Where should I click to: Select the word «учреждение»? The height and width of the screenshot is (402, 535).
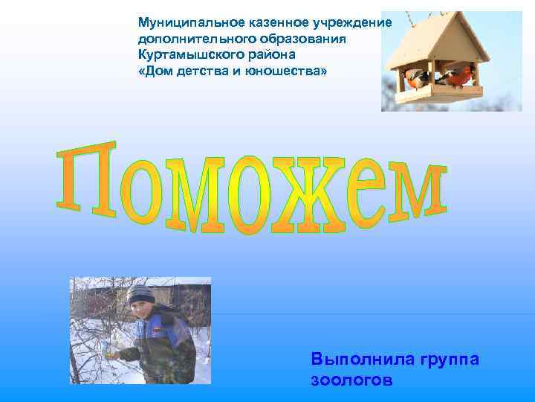coord(354,22)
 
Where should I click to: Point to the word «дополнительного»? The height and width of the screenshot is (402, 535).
coord(195,39)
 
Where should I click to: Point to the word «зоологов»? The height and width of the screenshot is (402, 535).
coord(350,380)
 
